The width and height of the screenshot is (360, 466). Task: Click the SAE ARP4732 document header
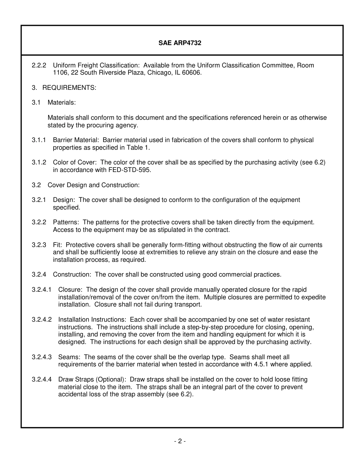coord(180,43)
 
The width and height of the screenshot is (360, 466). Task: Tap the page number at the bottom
coord(180,441)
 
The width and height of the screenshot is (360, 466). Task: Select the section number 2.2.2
coord(39,65)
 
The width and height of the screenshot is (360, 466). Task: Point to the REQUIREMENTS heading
coord(69,88)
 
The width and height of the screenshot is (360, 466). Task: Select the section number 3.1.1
coord(39,140)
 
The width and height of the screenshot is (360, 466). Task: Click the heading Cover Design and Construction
coord(94,185)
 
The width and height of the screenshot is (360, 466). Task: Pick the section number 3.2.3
coord(39,245)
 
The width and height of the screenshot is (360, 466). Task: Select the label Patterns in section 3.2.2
coord(66,222)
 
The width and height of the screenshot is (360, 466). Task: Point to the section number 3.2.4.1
coord(42,290)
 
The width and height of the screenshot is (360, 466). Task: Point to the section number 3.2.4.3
coord(42,357)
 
